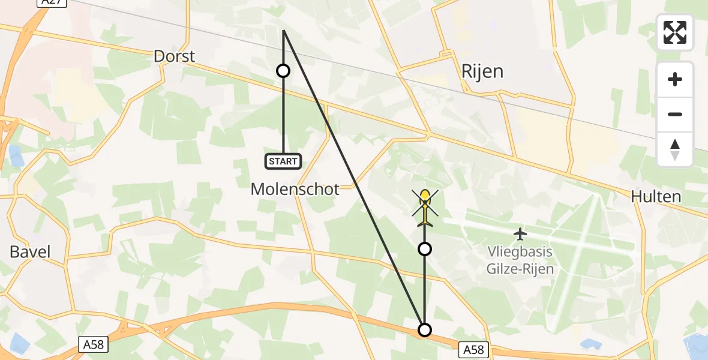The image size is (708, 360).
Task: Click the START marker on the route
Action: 283,161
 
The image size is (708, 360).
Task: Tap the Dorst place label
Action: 175,56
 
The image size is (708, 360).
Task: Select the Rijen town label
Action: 482,71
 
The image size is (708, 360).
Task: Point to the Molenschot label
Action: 295,189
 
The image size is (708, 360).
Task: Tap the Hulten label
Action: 656,196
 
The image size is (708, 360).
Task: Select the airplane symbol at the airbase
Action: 520,233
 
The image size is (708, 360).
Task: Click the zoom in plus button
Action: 675,79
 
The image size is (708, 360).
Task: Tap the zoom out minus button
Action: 675,114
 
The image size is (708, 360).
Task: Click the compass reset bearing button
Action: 675,149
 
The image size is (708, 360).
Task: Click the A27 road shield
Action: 51,2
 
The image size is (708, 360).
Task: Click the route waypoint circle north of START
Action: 283,71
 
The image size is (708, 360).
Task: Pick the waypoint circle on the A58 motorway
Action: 425,329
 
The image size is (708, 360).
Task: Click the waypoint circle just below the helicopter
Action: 425,248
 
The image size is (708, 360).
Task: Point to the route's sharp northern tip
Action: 283,30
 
